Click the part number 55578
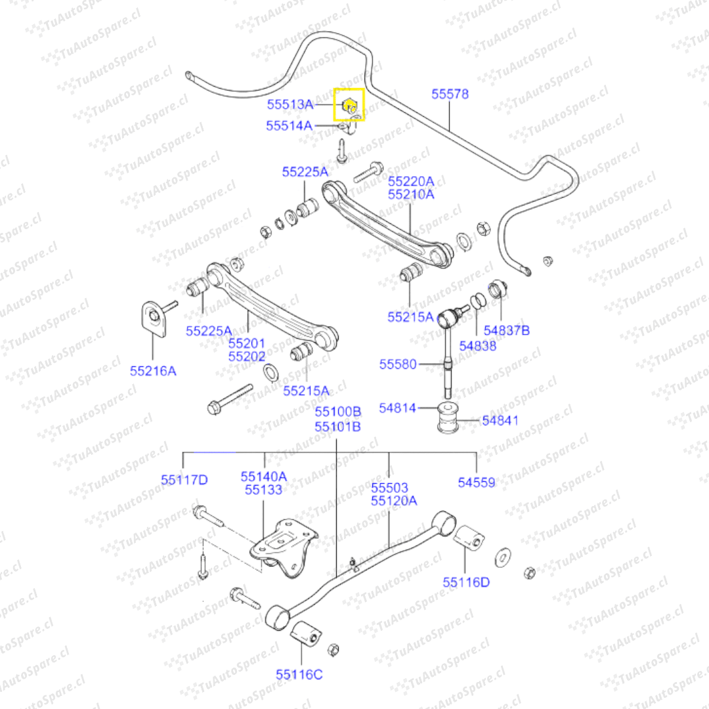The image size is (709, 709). tap(450, 95)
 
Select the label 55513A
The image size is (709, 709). tap(290, 104)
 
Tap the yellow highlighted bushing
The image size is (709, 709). tap(349, 104)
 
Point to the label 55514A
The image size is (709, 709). tap(289, 125)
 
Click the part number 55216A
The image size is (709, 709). tap(153, 371)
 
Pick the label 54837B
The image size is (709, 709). tap(506, 330)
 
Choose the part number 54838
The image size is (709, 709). tap(477, 345)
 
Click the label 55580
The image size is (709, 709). tap(397, 364)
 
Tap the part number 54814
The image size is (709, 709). tap(397, 408)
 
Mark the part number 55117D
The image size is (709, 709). tap(184, 481)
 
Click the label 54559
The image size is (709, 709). tap(477, 483)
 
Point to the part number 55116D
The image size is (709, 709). tap(465, 582)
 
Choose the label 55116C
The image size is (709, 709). tap(299, 674)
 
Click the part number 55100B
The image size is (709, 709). tap(337, 412)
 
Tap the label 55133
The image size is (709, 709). tap(263, 490)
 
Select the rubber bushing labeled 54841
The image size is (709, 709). tap(448, 419)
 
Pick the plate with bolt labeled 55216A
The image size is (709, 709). tap(154, 318)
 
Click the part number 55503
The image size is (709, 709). tap(389, 488)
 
